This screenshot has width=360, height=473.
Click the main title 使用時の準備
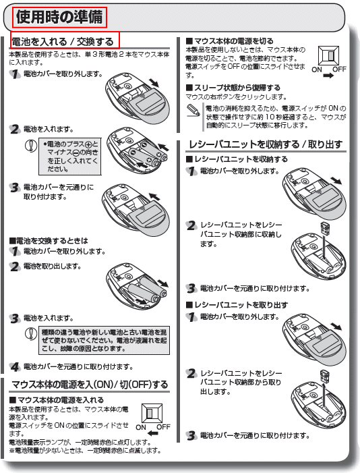click(59, 17)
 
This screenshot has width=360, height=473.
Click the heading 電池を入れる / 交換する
click(63, 41)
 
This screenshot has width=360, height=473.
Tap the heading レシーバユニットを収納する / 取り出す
click(266, 144)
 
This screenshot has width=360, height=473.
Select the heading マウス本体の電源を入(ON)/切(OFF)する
click(90, 385)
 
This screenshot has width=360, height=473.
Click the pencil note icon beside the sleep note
click(193, 110)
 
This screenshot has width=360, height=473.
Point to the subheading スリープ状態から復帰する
click(233, 88)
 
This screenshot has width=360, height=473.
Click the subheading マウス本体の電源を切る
click(230, 41)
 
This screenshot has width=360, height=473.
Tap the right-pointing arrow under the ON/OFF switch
click(328, 76)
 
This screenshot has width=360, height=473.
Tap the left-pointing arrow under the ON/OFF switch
click(153, 433)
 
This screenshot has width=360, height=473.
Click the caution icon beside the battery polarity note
click(30, 145)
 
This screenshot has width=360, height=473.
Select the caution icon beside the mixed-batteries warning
click(30, 333)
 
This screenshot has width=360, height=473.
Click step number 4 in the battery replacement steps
click(14, 367)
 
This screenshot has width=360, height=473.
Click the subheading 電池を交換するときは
click(49, 241)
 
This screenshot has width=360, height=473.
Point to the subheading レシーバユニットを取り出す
click(237, 305)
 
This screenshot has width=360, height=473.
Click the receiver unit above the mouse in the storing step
click(325, 228)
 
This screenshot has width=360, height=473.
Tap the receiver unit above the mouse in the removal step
click(324, 376)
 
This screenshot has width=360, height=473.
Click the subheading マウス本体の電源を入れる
click(57, 400)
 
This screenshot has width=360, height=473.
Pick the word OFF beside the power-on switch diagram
click(163, 427)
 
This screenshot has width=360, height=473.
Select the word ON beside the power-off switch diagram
click(317, 69)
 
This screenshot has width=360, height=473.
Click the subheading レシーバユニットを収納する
click(237, 159)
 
